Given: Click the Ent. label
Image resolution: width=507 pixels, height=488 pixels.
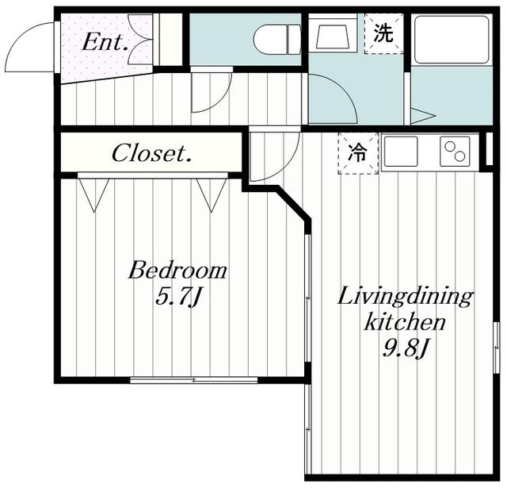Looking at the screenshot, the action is click(105, 42).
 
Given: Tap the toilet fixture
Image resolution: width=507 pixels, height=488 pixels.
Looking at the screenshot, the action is click(277, 40).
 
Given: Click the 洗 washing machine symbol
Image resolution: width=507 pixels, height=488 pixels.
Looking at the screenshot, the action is click(383, 33).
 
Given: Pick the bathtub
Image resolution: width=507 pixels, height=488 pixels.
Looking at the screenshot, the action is click(452, 40).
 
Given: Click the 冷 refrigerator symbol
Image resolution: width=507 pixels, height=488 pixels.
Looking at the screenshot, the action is click(358, 153).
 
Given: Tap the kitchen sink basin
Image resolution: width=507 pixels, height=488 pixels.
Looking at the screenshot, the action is click(401, 152).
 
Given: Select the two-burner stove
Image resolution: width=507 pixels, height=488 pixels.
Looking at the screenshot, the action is click(455, 152).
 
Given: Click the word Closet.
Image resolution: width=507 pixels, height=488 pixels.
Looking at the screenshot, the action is click(151, 153).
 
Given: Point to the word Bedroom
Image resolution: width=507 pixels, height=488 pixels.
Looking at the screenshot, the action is click(177, 271).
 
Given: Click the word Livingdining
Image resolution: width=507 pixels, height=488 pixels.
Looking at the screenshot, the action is click(405, 298).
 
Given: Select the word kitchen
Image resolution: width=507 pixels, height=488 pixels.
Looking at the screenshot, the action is click(405, 321).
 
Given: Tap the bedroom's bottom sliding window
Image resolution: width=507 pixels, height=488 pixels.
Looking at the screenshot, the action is click(193, 380).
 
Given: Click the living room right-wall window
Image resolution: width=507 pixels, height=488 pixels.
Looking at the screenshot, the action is click(496, 348).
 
